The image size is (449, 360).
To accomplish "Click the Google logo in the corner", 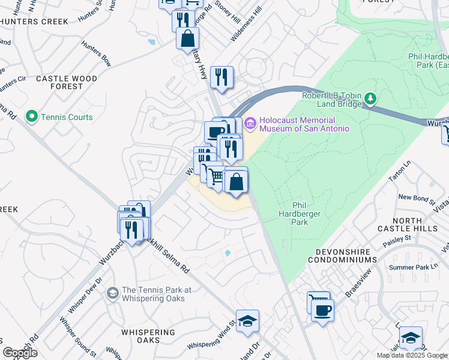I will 20,352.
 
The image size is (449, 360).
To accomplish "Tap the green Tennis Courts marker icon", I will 31,116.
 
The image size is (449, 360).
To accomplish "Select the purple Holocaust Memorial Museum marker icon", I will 250,124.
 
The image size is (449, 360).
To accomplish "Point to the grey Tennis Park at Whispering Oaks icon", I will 112,293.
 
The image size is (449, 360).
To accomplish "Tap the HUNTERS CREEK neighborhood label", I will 34,22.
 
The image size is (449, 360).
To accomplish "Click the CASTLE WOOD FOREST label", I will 58,82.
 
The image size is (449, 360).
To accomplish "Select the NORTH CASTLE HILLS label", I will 408,224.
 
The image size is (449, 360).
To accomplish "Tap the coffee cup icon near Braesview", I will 322,310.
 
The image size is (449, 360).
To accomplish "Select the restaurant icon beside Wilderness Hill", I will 222,77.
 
